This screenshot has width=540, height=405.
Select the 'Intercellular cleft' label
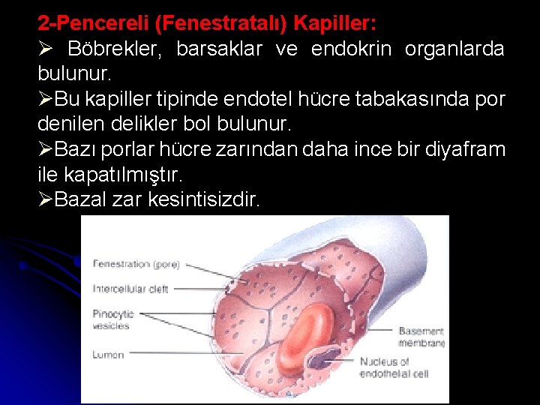(x=130, y=289)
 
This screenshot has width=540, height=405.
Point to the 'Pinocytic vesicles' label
(x=112, y=319)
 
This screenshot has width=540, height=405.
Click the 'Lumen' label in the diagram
(x=108, y=355)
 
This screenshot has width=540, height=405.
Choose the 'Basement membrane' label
(x=421, y=337)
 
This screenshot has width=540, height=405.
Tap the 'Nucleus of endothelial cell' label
(x=393, y=367)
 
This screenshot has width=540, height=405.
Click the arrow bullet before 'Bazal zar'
(x=45, y=200)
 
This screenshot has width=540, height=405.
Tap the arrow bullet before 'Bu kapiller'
(x=45, y=100)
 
